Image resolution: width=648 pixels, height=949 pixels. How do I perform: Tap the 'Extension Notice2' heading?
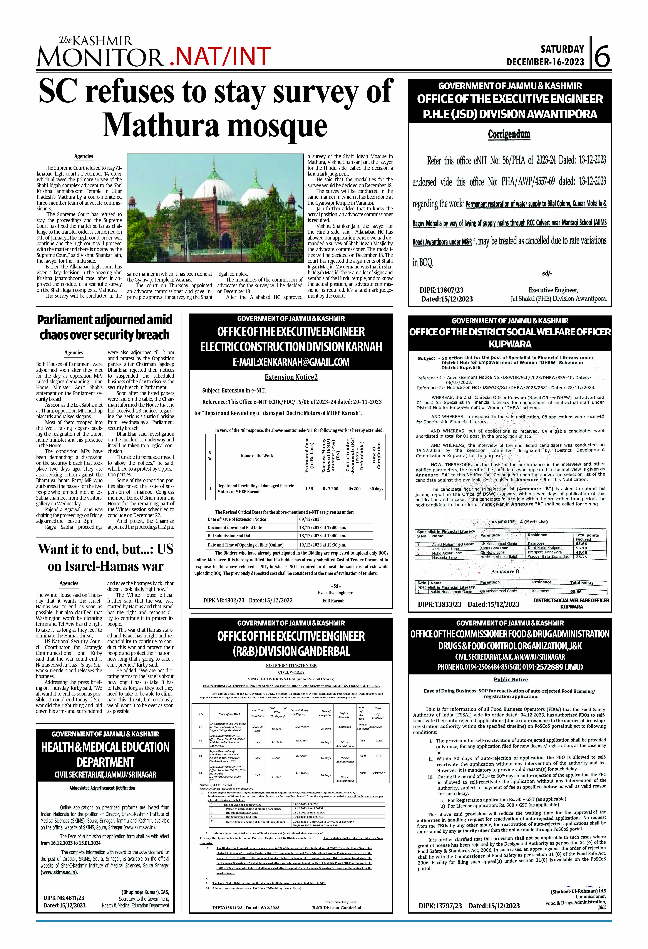click(291, 377)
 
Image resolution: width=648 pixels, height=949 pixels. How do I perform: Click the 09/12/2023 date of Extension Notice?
click(311, 519)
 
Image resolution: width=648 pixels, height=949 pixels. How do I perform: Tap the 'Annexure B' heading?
click(505, 571)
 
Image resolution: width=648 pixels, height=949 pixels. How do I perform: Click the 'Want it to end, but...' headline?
click(105, 557)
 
